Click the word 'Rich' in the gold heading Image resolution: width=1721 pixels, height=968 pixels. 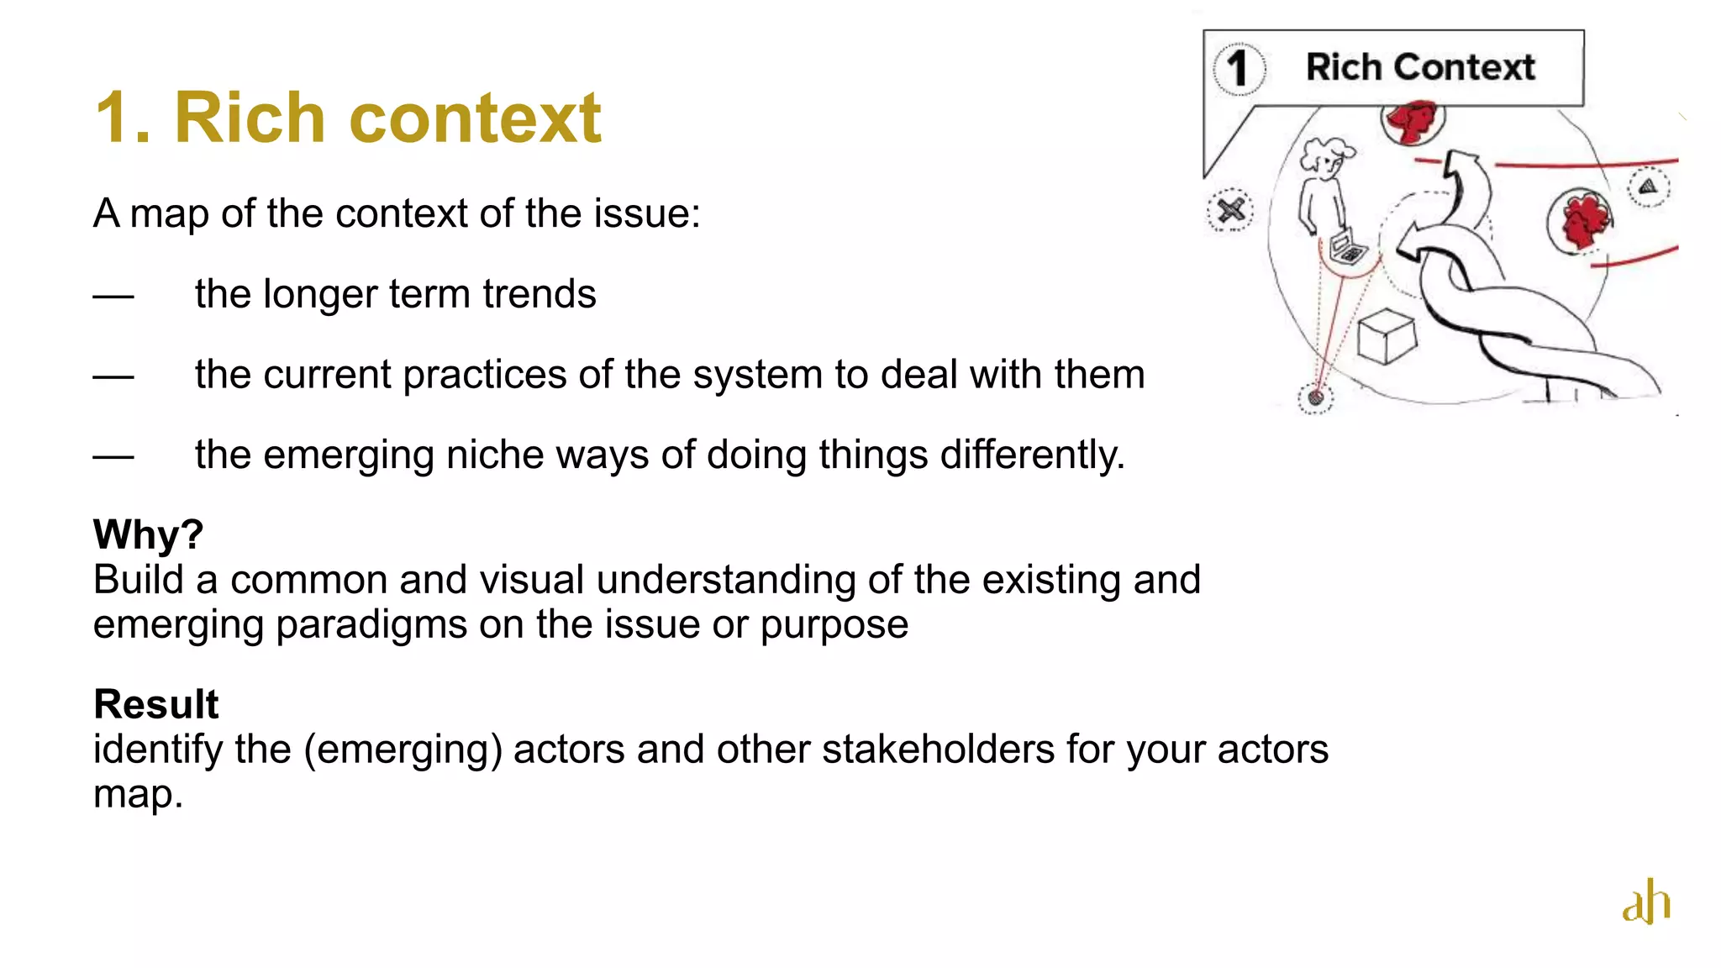pos(250,118)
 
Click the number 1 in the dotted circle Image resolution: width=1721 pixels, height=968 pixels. pos(1237,68)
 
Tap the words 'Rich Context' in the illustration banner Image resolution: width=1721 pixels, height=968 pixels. pos(1419,67)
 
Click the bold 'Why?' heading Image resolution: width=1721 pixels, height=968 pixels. pos(148,534)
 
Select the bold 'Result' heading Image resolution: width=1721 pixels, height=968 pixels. pos(155,704)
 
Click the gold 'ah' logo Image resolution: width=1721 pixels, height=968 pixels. pos(1645,902)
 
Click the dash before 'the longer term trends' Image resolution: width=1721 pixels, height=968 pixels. pos(113,296)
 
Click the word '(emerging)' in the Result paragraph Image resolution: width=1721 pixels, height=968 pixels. pos(403,750)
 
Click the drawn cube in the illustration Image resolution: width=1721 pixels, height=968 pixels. pos(1386,336)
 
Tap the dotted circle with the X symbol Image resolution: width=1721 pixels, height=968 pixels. pos(1230,210)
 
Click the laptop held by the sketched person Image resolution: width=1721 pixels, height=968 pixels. pos(1347,248)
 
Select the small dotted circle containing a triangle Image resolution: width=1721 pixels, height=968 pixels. pos(1648,187)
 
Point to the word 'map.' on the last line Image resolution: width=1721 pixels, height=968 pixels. pos(138,794)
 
